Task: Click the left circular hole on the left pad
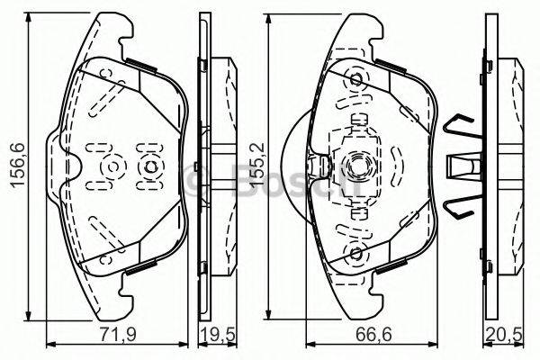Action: coord(113,167)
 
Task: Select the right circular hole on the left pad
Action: coord(149,167)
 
